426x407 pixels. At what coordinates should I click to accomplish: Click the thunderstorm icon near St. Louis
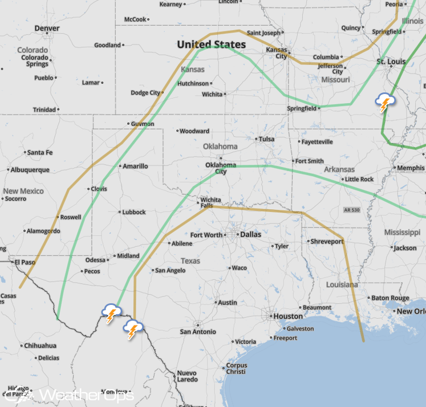385,103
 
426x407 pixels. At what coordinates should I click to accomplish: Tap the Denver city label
47,28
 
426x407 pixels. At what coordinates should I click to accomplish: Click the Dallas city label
250,234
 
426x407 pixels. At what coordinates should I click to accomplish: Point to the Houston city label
288,316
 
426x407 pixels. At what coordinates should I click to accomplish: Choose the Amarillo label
135,166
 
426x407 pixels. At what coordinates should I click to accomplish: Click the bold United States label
211,44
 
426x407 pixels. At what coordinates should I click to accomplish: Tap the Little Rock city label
359,180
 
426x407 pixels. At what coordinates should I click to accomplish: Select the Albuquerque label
30,170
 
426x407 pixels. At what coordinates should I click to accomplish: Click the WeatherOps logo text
86,395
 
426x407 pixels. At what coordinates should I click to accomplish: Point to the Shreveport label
327,242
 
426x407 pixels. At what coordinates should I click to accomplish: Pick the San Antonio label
198,332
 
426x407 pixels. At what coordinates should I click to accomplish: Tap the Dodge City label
146,93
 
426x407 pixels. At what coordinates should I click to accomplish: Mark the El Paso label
25,262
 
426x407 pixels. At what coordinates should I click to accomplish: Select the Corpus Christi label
236,369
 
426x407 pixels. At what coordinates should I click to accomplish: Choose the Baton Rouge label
391,298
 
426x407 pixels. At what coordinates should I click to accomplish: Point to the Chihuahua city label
40,345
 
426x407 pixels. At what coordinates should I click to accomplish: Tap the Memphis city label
411,168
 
